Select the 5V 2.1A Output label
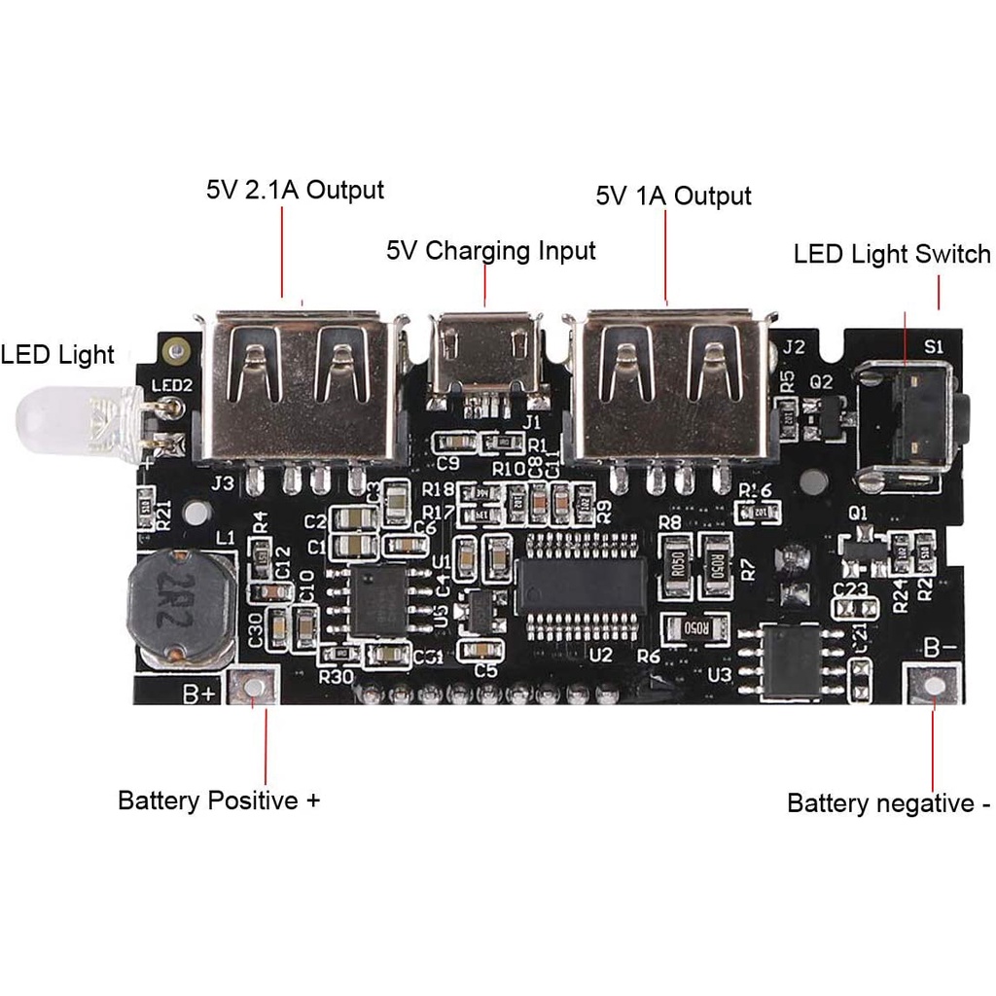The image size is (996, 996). pyautogui.click(x=295, y=189)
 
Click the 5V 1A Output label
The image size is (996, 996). pyautogui.click(x=673, y=196)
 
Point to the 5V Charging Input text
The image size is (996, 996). pyautogui.click(x=490, y=251)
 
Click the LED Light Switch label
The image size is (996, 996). pyautogui.click(x=892, y=255)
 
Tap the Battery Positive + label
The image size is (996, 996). pyautogui.click(x=219, y=800)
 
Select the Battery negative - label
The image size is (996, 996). pyautogui.click(x=888, y=803)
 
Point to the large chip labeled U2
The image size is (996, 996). pyautogui.click(x=582, y=585)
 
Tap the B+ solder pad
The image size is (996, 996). pyautogui.click(x=254, y=688)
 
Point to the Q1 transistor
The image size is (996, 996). pyautogui.click(x=861, y=551)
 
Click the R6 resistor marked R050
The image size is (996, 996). pyautogui.click(x=695, y=628)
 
